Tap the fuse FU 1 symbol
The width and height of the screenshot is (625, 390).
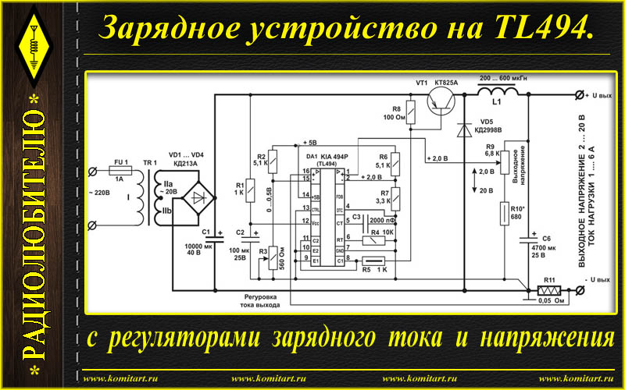tap(120, 170)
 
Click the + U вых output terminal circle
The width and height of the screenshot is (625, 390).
tap(579, 94)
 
